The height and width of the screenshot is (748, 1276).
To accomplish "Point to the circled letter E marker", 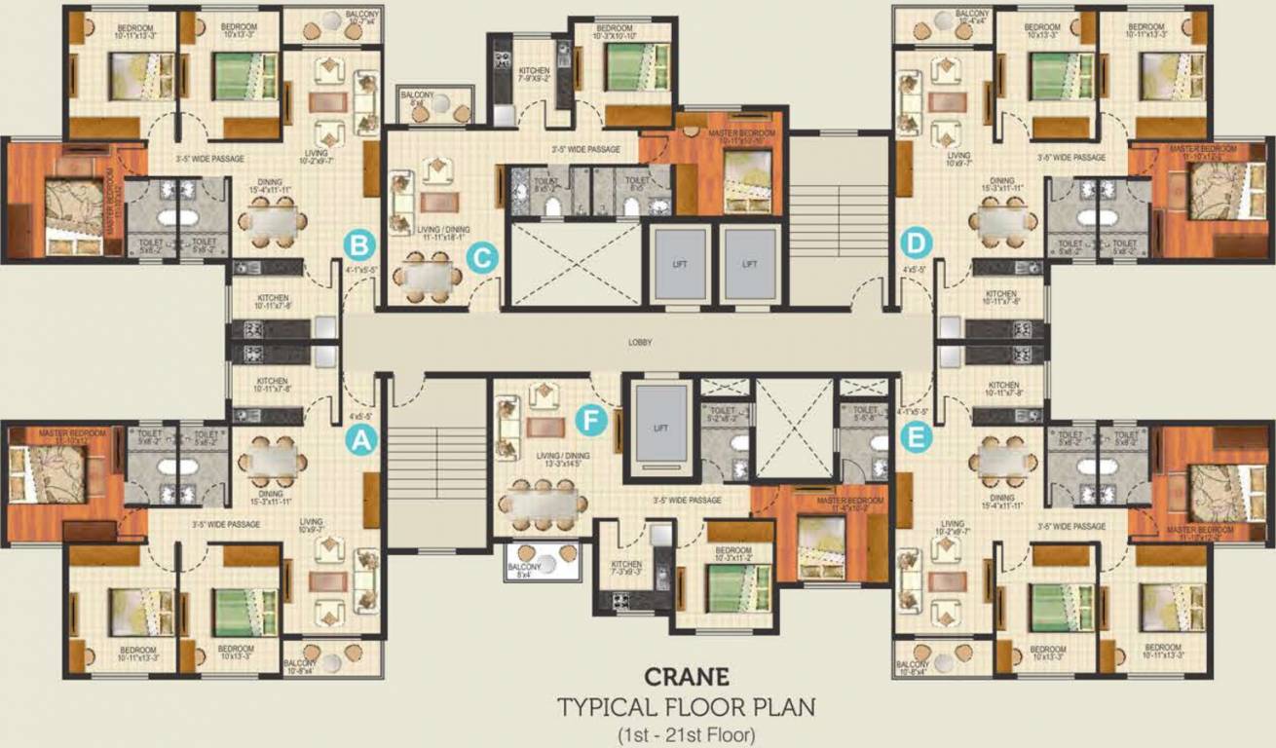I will pos(913,440).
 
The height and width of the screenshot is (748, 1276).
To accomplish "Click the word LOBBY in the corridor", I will pos(640,343).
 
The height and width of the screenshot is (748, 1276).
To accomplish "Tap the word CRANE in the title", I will pos(686,676).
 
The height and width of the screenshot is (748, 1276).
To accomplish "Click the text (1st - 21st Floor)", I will pos(686,733).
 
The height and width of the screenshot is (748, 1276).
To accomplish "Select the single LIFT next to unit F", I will pos(660,429).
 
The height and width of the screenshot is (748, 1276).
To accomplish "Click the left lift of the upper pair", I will pos(678,263).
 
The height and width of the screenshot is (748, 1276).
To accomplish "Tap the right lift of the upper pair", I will pos(749,263).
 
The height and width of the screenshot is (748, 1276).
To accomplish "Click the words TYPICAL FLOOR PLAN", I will pos(686,706).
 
